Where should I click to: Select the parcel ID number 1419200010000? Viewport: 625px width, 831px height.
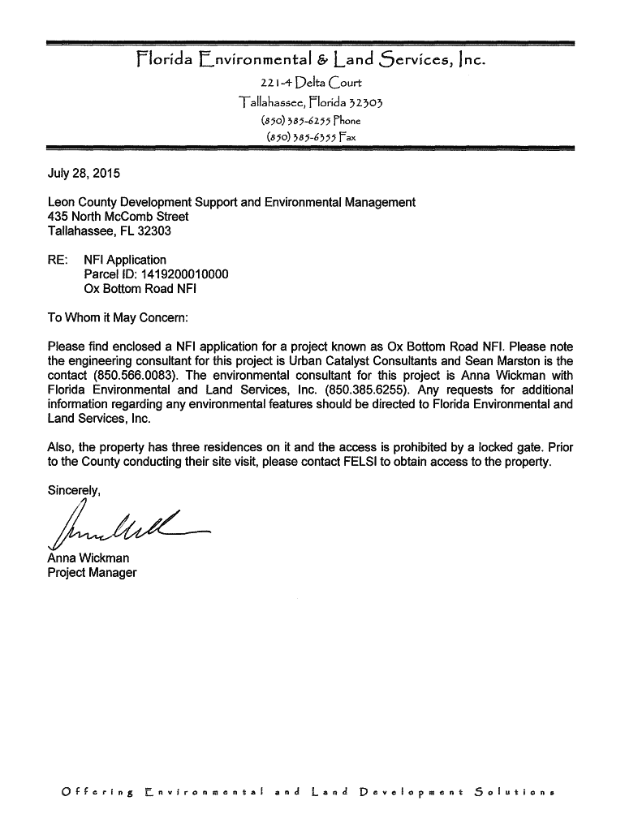pyautogui.click(x=187, y=274)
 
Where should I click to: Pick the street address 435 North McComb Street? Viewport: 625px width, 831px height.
pyautogui.click(x=119, y=217)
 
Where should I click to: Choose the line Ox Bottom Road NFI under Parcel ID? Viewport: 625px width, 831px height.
pyautogui.click(x=140, y=289)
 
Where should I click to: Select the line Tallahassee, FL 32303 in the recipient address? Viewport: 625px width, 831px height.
pyautogui.click(x=110, y=231)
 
